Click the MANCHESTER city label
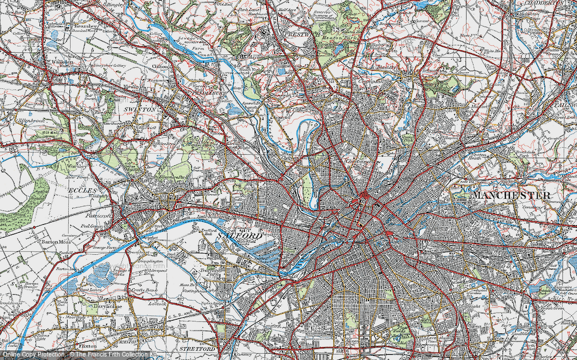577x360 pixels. pyautogui.click(x=512, y=196)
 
